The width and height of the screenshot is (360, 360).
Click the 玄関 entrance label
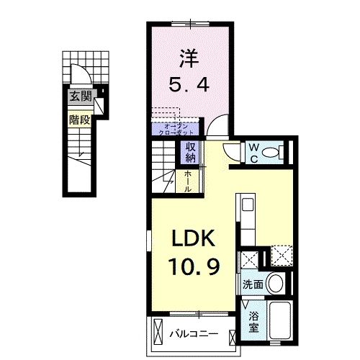tap(81, 95)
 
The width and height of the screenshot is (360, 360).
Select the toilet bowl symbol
tap(271, 153)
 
